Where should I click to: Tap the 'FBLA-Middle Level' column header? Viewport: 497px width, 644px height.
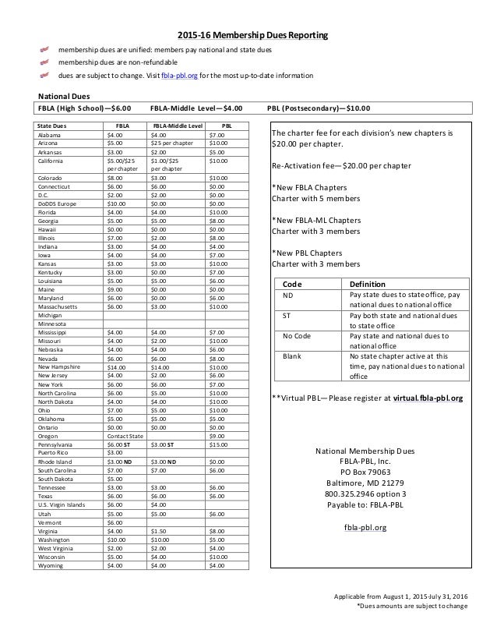click(177, 125)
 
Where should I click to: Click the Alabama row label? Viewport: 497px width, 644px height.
click(50, 135)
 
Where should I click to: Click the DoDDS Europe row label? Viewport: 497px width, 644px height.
click(57, 206)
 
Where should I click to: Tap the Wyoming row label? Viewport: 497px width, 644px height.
click(51, 565)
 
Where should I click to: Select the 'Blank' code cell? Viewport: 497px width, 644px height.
click(291, 356)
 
